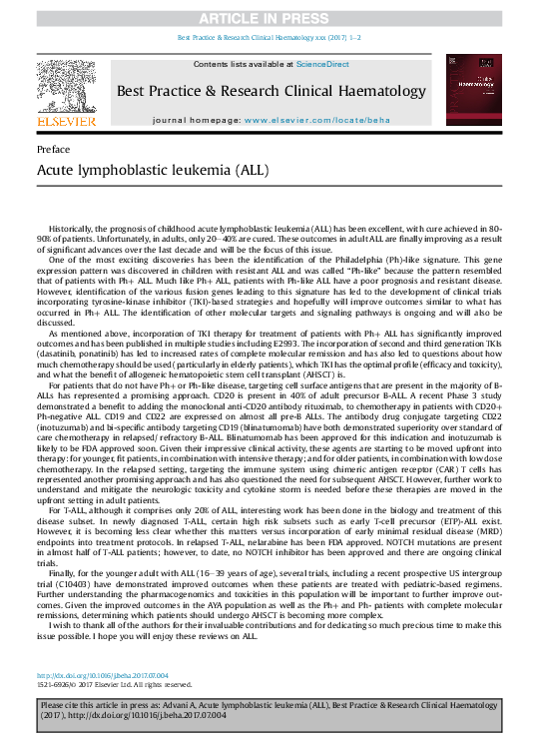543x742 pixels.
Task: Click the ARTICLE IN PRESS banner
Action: tap(271, 18)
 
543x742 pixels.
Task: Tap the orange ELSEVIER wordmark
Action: tap(66, 121)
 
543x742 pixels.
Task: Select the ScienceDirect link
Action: tap(322, 64)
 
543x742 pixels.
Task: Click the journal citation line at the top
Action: tap(271, 37)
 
